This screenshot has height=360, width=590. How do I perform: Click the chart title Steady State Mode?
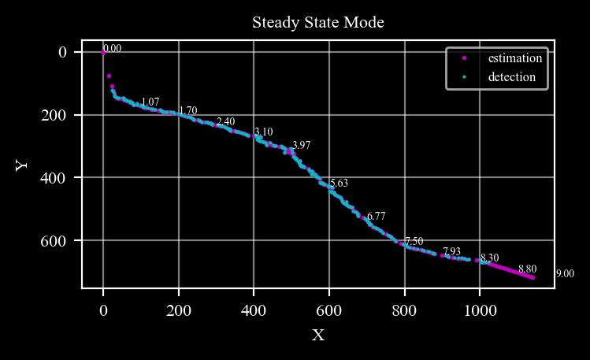318,22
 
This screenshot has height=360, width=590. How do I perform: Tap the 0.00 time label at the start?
113,49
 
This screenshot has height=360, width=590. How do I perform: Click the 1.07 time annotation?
150,102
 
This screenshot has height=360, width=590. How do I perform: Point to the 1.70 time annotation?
188,110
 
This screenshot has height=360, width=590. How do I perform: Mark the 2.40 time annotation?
226,121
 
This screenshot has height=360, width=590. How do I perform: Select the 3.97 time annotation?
302,145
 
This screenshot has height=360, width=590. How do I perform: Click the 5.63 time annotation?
339,184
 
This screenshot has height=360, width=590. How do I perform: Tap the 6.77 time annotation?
377,217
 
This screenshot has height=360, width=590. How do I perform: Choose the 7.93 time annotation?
451,251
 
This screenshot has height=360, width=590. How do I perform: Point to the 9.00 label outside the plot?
565,274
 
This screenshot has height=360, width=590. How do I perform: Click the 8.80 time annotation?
528,269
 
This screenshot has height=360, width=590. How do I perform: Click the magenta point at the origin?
103,53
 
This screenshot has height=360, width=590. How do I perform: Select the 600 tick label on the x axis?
329,310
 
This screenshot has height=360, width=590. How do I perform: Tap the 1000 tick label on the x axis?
481,310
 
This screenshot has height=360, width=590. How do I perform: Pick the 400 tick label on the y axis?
53,177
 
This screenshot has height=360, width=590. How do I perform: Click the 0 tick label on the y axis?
62,52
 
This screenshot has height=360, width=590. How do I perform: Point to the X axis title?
318,335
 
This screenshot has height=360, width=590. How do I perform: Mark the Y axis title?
21,165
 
